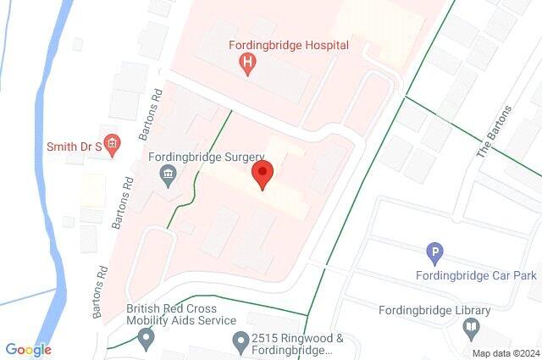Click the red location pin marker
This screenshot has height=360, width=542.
(x=263, y=176)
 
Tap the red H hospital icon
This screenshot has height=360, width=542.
(x=248, y=62)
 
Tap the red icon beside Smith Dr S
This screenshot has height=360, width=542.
(x=110, y=142)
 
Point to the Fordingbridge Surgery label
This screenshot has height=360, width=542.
(x=207, y=157)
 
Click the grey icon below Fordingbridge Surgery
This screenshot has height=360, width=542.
(x=168, y=175)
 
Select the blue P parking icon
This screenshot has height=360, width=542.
(x=434, y=252)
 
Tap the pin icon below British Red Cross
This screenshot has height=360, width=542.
(x=147, y=340)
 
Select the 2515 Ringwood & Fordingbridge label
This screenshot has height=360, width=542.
(x=297, y=344)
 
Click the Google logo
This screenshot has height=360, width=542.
(x=28, y=350)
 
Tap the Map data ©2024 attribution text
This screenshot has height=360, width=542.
(x=505, y=353)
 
